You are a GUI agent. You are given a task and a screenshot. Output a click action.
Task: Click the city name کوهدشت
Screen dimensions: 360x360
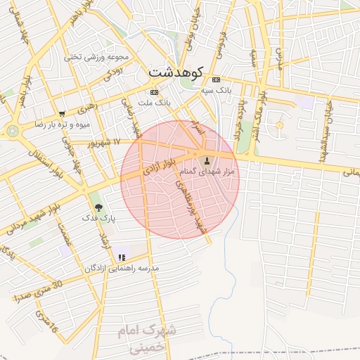(176, 72)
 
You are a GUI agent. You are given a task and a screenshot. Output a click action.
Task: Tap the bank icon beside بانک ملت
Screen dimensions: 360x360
(154, 92)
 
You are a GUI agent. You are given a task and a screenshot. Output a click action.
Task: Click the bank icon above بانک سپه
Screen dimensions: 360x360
(216, 79)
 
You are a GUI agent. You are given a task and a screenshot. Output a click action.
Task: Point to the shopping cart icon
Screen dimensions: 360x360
(63, 113)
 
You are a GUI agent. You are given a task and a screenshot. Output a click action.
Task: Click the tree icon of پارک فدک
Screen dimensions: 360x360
(98, 207)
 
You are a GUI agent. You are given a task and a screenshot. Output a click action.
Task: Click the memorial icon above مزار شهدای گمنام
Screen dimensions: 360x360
(206, 160)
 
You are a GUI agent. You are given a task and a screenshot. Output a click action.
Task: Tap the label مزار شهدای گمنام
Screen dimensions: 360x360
(206, 172)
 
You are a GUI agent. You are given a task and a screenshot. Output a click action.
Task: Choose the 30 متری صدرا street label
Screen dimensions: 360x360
(39, 292)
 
